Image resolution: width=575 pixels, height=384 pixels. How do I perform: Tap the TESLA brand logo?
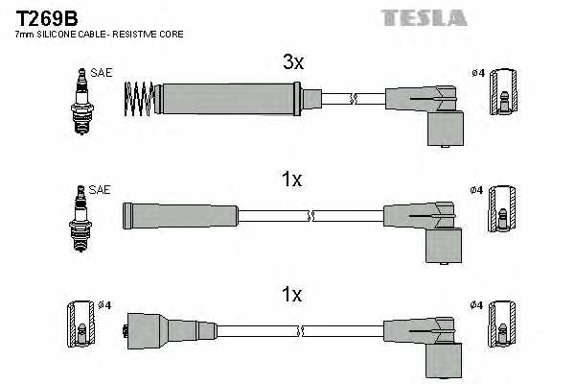tap(425, 17)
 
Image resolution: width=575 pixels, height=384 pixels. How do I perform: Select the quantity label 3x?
tap(292, 62)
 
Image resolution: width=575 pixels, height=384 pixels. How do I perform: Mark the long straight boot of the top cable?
tap(230, 97)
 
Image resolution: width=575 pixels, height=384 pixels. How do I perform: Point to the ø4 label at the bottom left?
tap(105, 305)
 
